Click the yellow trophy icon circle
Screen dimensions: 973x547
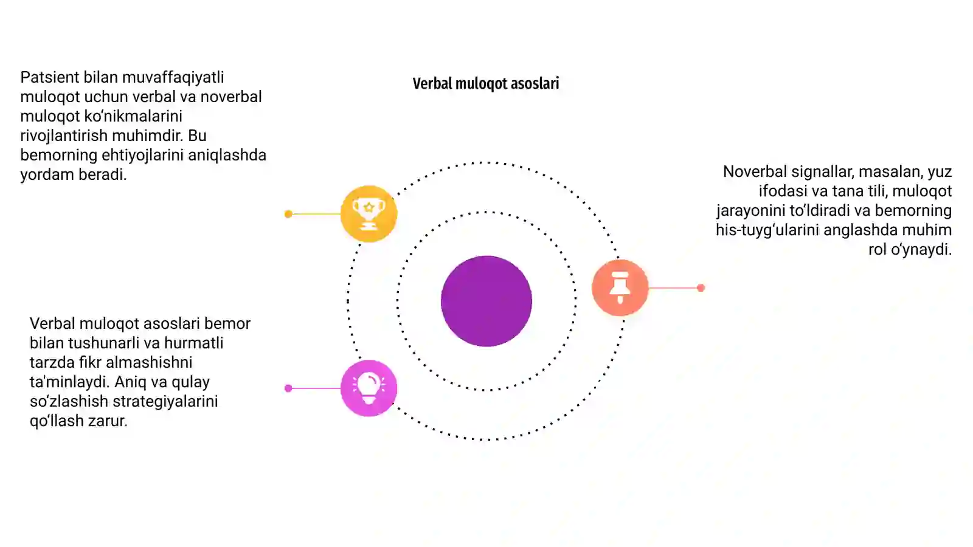[x=369, y=213]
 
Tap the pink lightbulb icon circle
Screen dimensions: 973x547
[x=369, y=388]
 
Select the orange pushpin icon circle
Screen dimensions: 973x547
[x=620, y=287]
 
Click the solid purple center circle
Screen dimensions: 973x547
[x=486, y=301]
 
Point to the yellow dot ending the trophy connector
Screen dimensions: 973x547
[x=288, y=214]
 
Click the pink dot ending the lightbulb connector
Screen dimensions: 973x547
[x=288, y=388]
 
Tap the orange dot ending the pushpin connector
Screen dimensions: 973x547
[x=701, y=288]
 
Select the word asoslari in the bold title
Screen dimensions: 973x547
[x=535, y=83]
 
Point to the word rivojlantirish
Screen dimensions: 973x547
[x=64, y=136]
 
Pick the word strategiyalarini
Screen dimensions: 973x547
[x=165, y=402]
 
